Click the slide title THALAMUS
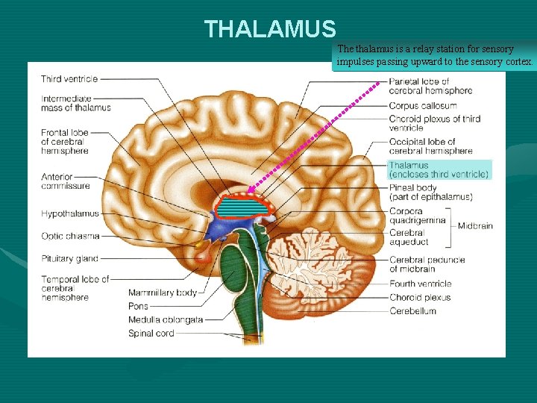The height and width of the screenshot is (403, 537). [270, 29]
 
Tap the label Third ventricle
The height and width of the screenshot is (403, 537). [69, 79]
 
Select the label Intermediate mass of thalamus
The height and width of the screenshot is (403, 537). [75, 103]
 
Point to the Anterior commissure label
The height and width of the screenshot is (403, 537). [65, 181]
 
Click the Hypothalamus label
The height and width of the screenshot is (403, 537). [69, 214]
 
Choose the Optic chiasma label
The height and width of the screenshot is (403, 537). [70, 237]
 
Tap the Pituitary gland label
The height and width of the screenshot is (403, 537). [69, 259]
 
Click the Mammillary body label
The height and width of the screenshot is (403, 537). [162, 293]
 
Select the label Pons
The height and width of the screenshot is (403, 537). [138, 306]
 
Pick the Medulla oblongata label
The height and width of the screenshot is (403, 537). [165, 319]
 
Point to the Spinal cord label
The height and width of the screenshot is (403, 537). [151, 334]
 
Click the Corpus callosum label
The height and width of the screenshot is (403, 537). [422, 106]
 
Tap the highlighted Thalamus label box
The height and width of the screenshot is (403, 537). [439, 169]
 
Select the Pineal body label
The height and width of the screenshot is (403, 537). [430, 193]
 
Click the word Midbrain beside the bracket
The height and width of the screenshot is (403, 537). [475, 226]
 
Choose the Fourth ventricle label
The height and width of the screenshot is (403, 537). [420, 284]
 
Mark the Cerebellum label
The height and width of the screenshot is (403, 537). [412, 311]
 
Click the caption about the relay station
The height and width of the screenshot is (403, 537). [435, 54]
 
